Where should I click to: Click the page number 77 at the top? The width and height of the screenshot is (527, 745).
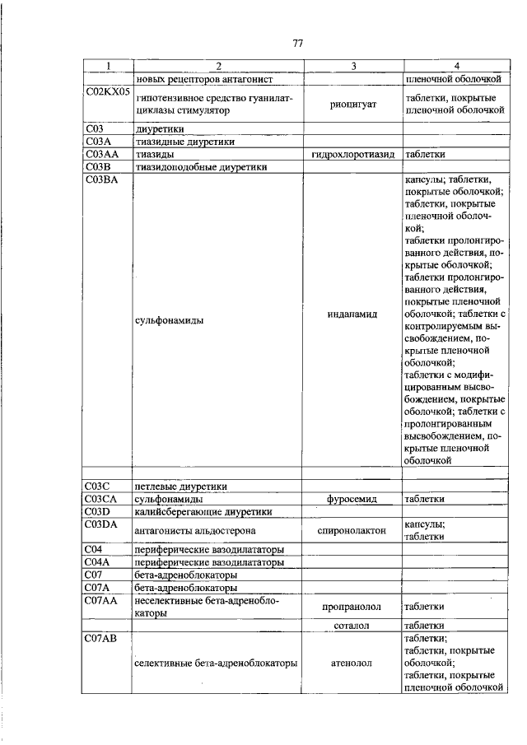pos(298,44)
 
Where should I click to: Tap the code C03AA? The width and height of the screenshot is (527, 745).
pos(102,154)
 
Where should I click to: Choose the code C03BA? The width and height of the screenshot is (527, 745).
pos(102,179)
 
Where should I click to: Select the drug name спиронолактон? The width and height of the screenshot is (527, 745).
pos(352,531)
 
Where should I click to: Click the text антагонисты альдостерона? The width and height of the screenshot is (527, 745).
pos(196,531)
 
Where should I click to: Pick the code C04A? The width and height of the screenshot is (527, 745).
pos(98,562)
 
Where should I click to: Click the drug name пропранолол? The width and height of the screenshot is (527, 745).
pos(352,607)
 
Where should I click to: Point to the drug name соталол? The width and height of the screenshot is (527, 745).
pos(352,626)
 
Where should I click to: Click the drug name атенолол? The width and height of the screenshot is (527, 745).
pos(352,662)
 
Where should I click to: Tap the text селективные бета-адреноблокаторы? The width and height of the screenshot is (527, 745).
pos(215,662)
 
